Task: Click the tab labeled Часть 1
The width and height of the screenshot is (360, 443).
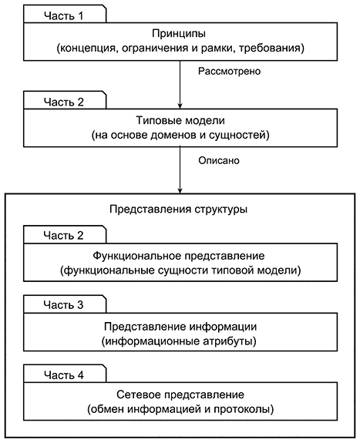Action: pyautogui.click(x=65, y=15)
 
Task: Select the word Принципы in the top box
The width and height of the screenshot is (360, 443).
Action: pyautogui.click(x=179, y=34)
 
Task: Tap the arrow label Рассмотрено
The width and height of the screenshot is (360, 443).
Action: pyautogui.click(x=229, y=71)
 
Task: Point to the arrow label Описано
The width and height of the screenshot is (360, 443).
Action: pyautogui.click(x=219, y=160)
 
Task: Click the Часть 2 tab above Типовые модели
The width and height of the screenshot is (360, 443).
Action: pyautogui.click(x=65, y=101)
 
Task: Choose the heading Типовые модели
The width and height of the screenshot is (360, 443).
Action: pyautogui.click(x=180, y=120)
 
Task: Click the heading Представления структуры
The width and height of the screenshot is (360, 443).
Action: pyautogui.click(x=178, y=210)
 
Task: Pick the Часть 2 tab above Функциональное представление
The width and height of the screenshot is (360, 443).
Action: pyautogui.click(x=65, y=235)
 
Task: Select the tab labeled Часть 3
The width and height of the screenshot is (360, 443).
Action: pyautogui.click(x=65, y=304)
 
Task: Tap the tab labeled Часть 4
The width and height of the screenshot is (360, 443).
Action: pyautogui.click(x=65, y=374)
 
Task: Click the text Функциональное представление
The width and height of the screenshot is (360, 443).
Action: pyautogui.click(x=179, y=256)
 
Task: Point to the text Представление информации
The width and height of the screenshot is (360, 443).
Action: pyautogui.click(x=180, y=327)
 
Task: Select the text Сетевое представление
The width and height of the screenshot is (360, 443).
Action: pyautogui.click(x=180, y=394)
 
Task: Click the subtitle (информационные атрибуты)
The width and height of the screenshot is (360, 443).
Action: pyautogui.click(x=179, y=341)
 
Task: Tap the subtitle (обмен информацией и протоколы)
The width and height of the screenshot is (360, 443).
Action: pyautogui.click(x=180, y=409)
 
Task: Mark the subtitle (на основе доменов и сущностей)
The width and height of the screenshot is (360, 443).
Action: pyautogui.click(x=180, y=135)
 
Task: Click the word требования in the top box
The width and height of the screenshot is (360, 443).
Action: pyautogui.click(x=271, y=48)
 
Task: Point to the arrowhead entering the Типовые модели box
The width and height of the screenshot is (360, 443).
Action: pyautogui.click(x=180, y=106)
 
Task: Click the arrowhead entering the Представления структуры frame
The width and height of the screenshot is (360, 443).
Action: pyautogui.click(x=180, y=191)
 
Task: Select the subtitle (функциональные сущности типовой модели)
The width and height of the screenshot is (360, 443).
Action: pyautogui.click(x=180, y=270)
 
